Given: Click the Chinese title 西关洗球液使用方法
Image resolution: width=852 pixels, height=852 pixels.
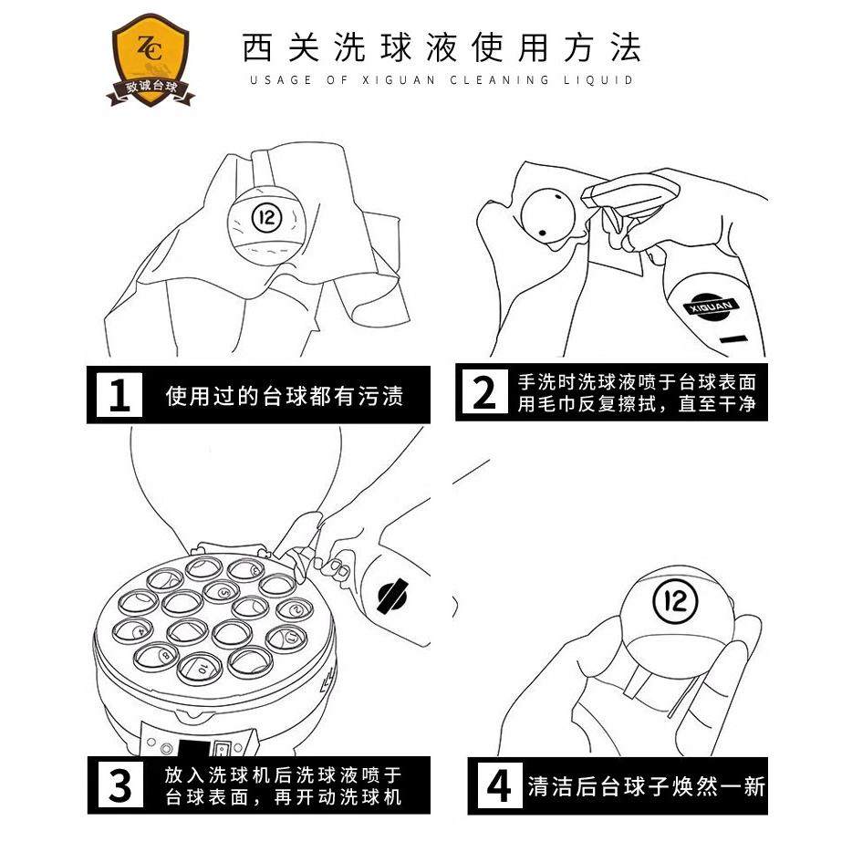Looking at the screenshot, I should coord(442,47).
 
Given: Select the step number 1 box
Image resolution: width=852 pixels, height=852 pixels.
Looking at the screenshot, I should coord(119,395).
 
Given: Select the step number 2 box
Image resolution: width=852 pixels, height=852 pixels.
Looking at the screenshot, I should coord(484,393).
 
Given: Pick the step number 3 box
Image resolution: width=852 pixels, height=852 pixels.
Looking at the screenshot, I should coord(119,785).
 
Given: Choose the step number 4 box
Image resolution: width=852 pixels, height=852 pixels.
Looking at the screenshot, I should coord(498,785).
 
